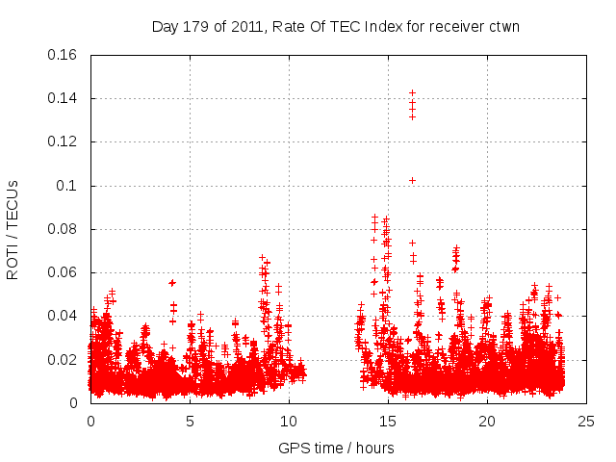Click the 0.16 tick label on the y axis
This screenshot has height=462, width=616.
pyautogui.click(x=64, y=55)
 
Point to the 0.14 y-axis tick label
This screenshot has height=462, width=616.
pyautogui.click(x=64, y=98)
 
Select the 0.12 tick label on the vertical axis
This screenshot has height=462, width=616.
pyautogui.click(x=64, y=141)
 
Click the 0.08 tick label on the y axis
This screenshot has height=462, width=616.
pyautogui.click(x=64, y=229)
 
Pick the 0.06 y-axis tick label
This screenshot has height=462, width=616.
pyautogui.click(x=64, y=272)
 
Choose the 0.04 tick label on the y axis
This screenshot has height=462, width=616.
pyautogui.click(x=64, y=316)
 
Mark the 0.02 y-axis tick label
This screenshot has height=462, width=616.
pyautogui.click(x=64, y=360)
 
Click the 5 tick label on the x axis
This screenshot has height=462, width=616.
pyautogui.click(x=190, y=422)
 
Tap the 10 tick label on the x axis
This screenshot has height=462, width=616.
pyautogui.click(x=289, y=422)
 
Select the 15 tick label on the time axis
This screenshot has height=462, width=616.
pyautogui.click(x=388, y=422)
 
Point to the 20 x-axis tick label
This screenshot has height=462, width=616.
pyautogui.click(x=487, y=422)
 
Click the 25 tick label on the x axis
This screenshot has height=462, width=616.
pyautogui.click(x=586, y=422)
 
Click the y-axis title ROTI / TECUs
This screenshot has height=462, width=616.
pyautogui.click(x=13, y=229)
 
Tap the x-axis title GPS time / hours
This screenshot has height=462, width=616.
pyautogui.click(x=336, y=448)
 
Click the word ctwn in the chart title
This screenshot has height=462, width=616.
pyautogui.click(x=504, y=26)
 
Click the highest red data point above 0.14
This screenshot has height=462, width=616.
pyautogui.click(x=412, y=93)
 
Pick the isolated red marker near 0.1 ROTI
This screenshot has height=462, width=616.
pyautogui.click(x=412, y=180)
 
